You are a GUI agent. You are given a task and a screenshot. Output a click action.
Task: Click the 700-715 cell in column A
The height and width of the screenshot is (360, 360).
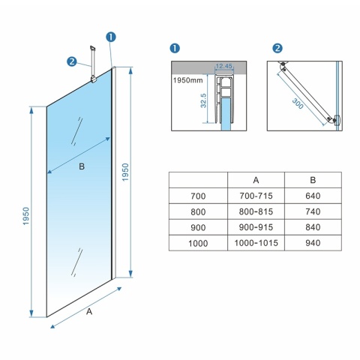click(256, 196)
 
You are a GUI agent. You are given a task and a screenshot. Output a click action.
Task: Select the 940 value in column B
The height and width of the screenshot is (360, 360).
click(313, 243)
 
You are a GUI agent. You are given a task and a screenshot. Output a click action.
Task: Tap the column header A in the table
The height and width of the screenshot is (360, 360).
click(256, 180)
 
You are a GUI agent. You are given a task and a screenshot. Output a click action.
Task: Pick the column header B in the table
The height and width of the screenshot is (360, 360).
click(313, 180)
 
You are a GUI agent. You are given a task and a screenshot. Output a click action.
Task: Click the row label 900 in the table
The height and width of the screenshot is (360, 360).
click(197, 227)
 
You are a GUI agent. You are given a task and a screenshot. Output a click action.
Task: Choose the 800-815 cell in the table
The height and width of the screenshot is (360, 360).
click(256, 211)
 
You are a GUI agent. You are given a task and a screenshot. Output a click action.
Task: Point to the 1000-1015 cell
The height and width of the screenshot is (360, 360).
click(256, 243)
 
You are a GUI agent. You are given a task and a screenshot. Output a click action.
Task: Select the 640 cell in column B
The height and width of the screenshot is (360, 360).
click(313, 196)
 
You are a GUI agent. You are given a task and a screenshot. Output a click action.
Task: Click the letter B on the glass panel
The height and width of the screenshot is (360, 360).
click(81, 166)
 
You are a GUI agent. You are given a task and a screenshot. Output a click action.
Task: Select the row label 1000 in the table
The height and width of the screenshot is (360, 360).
click(197, 243)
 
